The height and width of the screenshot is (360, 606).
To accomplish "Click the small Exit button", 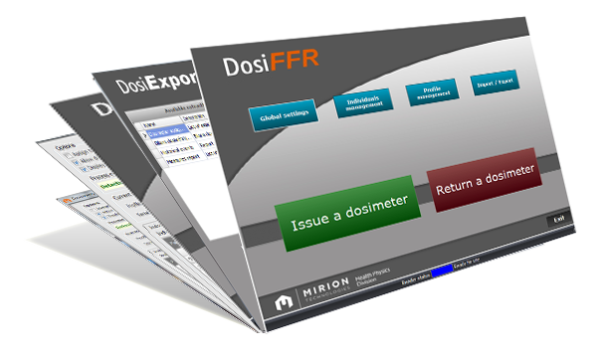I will pos(560,218).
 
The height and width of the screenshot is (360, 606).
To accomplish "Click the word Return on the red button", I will pos(458,181).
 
